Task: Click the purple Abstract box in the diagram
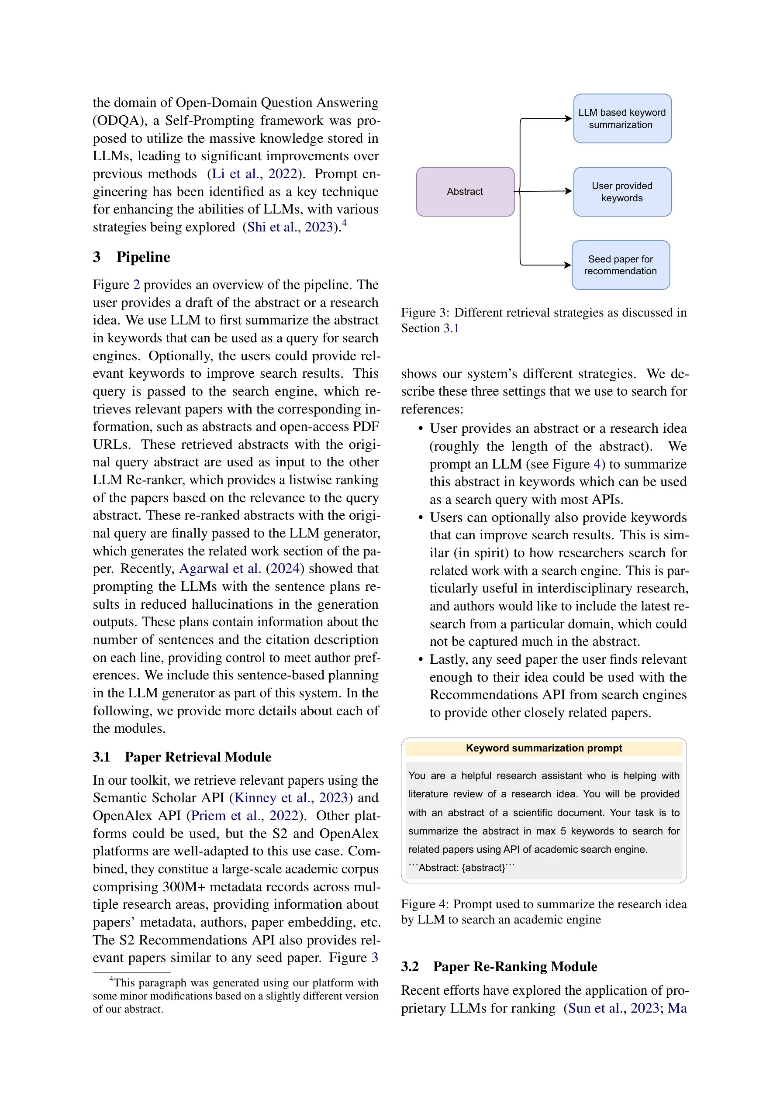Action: (465, 192)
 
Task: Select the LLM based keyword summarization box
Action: (622, 119)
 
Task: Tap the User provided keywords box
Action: (622, 192)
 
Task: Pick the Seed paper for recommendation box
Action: (620, 265)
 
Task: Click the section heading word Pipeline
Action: (143, 257)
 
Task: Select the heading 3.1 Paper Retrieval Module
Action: (182, 757)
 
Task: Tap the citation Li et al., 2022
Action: (254, 173)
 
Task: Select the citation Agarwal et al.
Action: (220, 569)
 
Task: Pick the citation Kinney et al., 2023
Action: (290, 797)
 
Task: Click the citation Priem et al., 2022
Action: (245, 815)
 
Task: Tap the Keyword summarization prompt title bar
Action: (544, 748)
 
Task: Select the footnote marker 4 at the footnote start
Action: (111, 979)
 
